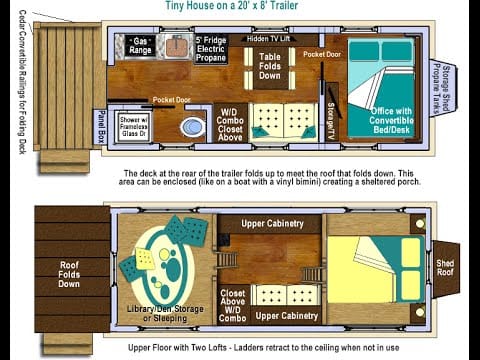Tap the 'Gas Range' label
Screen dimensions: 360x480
(140, 46)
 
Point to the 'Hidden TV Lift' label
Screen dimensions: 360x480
(270, 38)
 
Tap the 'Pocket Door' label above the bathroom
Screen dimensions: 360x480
(172, 99)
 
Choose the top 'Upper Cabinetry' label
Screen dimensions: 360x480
(273, 223)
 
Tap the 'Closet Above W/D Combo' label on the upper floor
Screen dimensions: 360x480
(231, 304)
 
